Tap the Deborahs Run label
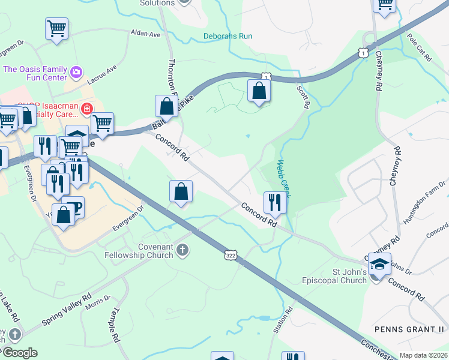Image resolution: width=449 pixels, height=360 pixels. click(228, 36)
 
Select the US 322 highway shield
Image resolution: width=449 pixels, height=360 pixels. click(230, 254)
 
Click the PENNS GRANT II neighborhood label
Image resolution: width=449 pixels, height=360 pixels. click(408, 329)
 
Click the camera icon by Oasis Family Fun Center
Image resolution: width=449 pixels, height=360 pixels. click(76, 73)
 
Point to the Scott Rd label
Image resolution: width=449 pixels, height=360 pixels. click(303, 97)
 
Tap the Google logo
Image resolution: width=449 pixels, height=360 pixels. click(19, 352)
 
